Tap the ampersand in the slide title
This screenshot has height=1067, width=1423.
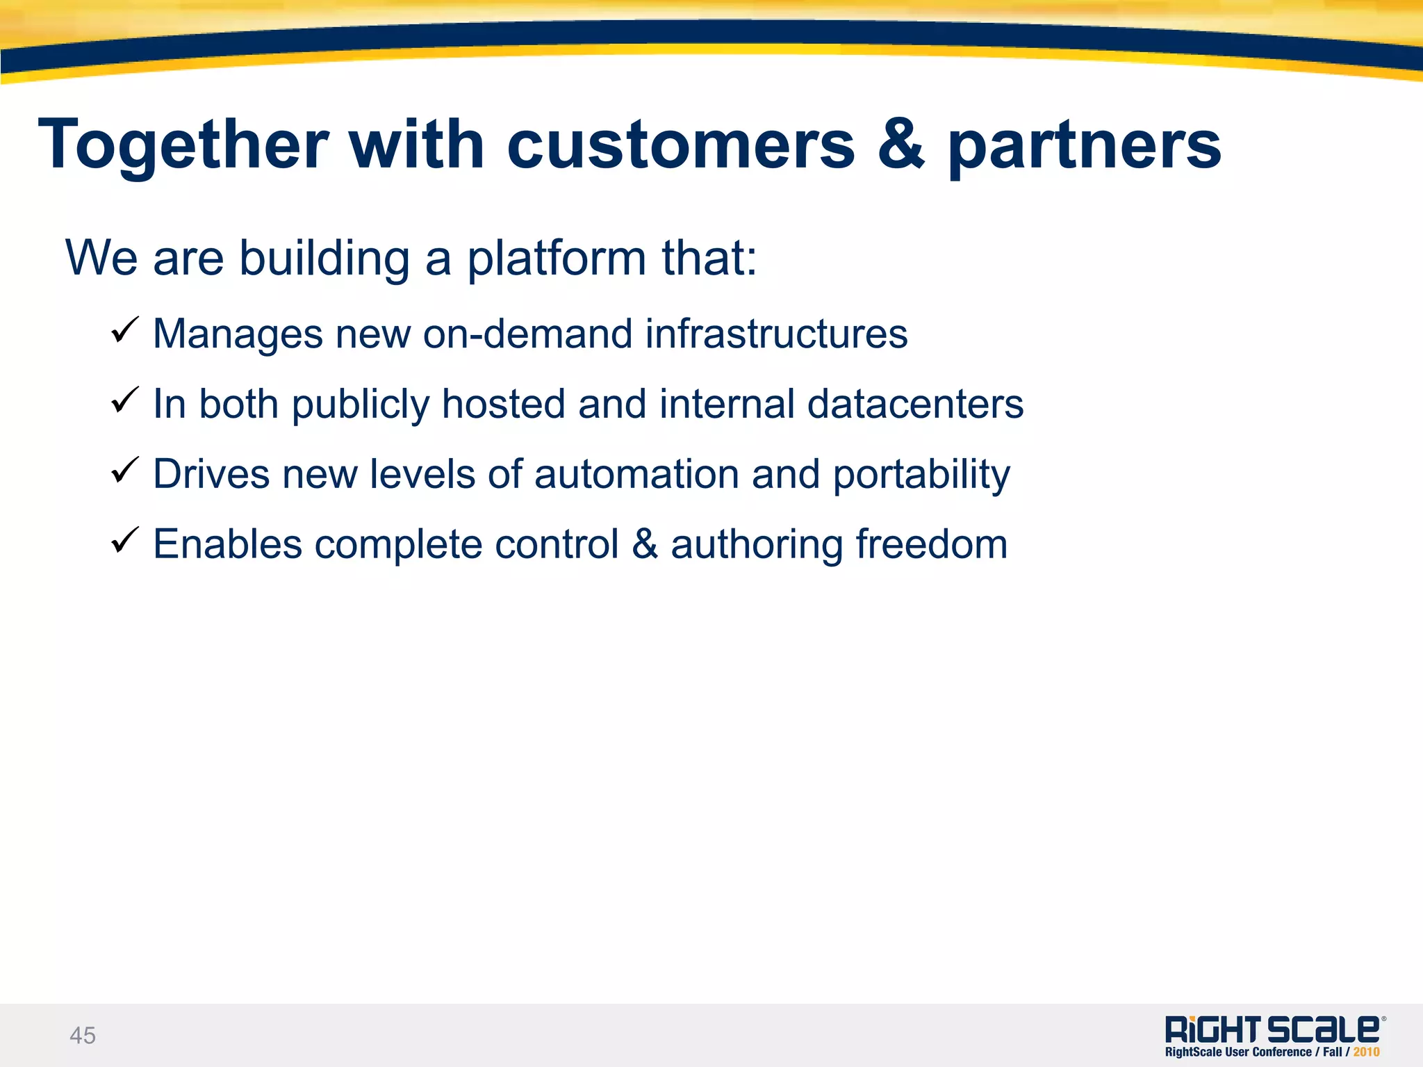pos(901,145)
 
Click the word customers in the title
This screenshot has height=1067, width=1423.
pos(681,146)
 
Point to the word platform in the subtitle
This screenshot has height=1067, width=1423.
pos(557,259)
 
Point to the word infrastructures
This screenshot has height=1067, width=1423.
pos(776,334)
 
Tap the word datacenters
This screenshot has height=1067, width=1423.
pos(915,404)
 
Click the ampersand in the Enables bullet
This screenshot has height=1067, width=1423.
pos(645,544)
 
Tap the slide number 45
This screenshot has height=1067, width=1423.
pos(83,1036)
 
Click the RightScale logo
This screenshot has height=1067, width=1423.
pos(1274,1029)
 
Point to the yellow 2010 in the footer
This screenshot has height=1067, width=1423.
pos(1366,1052)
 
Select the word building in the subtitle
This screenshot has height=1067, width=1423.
pos(324,259)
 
